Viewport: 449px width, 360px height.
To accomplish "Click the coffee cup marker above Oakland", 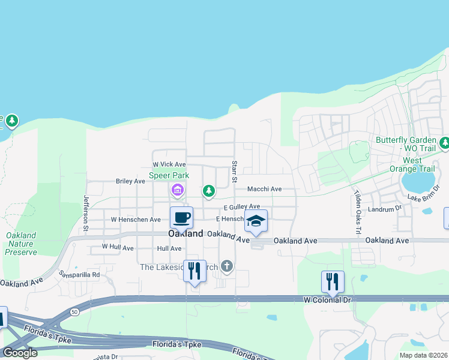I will coord(181,218).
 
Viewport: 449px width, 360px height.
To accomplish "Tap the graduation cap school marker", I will coord(256,221).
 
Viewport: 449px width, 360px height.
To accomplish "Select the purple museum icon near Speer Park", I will coord(177,191).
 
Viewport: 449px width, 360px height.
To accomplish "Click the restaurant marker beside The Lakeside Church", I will coord(194,271).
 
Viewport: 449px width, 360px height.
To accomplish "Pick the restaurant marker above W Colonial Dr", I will coord(332,281).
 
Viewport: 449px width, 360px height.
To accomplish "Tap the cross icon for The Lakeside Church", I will coord(226,265).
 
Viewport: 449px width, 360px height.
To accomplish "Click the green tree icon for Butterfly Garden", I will coord(445,143).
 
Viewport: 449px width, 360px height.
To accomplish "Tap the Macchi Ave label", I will coord(265,189).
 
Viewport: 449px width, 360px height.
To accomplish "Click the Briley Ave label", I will coord(130,181).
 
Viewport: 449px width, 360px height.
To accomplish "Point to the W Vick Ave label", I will coord(169,164).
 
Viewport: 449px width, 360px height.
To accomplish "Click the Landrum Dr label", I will coord(384,209).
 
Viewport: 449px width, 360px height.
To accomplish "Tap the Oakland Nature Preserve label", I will coord(21,244).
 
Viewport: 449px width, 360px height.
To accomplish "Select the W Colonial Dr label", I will coord(327,299).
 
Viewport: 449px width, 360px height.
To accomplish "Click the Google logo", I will coord(20,353).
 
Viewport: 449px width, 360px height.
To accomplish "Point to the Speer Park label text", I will coord(169,175).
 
